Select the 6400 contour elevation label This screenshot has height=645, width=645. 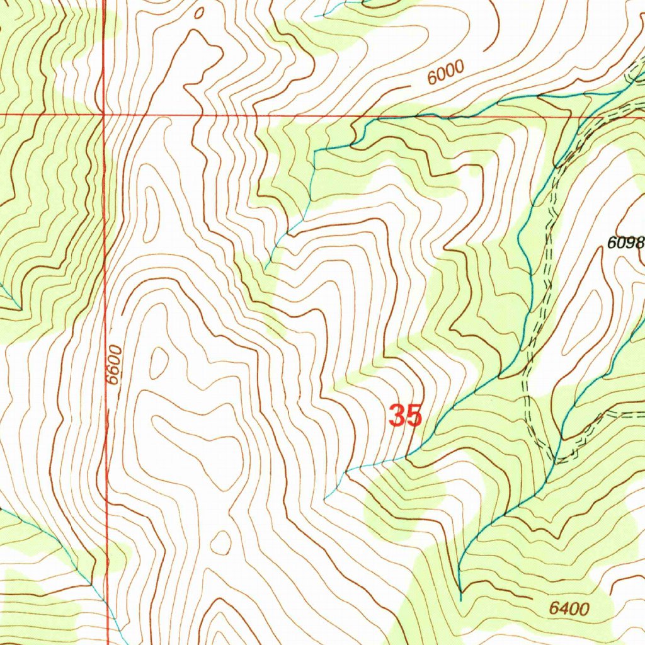[x=569, y=608]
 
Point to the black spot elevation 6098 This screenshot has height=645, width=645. [x=626, y=243]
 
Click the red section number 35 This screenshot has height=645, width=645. [x=404, y=416]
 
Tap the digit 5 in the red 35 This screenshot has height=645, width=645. [x=413, y=416]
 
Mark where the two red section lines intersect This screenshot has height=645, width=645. [x=103, y=115]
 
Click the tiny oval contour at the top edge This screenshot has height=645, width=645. [x=200, y=12]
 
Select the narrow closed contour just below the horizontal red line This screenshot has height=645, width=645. [x=152, y=214]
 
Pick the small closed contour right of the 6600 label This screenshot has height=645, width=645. [x=158, y=362]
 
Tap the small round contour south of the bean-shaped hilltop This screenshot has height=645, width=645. [x=220, y=542]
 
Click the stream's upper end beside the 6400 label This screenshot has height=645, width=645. [x=460, y=598]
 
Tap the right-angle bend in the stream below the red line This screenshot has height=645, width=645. [x=314, y=151]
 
